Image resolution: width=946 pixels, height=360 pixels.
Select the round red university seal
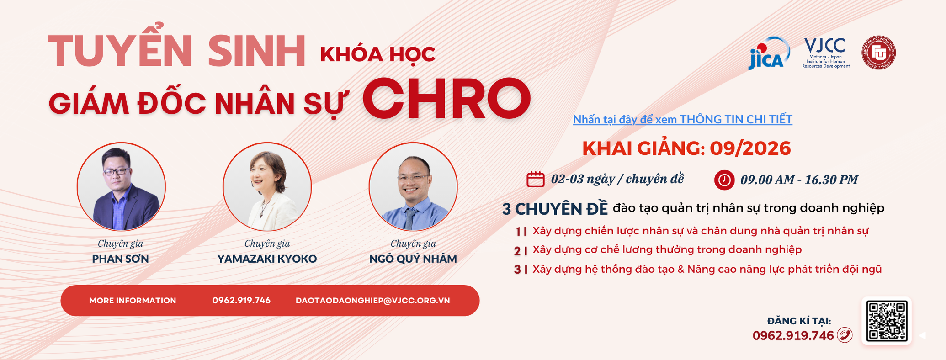(878, 53)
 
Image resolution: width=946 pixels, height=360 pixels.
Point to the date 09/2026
(750, 148)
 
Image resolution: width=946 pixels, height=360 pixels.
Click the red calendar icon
(536, 179)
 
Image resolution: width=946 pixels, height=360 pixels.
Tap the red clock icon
(724, 180)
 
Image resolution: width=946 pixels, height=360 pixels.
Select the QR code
(887, 321)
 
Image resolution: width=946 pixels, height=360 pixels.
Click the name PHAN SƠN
(120, 259)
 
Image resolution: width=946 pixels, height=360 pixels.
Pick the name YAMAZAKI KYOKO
(267, 259)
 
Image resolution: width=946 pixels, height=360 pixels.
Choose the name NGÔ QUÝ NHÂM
(413, 259)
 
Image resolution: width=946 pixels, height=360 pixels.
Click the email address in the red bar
(372, 301)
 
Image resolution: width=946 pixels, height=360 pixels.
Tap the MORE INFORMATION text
(133, 301)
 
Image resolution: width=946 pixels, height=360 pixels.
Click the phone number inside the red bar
(241, 301)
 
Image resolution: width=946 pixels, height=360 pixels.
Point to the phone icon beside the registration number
(845, 335)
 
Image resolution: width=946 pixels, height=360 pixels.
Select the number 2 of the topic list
(517, 251)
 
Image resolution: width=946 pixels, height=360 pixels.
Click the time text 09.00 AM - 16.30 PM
(799, 180)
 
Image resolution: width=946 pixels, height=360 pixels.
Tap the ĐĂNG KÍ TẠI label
(799, 321)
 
